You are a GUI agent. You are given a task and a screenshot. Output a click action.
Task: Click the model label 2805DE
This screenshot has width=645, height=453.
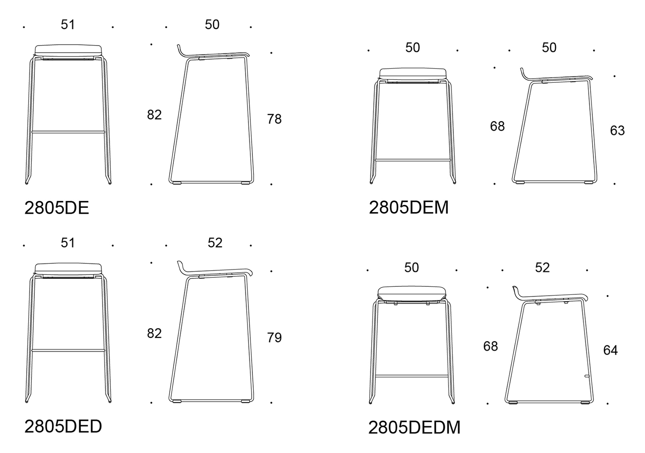click(x=56, y=208)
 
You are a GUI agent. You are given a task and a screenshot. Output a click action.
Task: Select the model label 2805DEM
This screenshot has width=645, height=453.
click(x=408, y=208)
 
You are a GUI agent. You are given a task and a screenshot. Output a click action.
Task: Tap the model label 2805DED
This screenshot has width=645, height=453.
click(x=63, y=426)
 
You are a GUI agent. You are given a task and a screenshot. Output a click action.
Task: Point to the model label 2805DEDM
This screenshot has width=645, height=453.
click(x=414, y=428)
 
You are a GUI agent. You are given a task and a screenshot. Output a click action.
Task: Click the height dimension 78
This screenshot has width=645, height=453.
click(x=274, y=119)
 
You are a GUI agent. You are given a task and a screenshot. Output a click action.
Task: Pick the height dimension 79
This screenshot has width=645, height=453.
click(x=274, y=338)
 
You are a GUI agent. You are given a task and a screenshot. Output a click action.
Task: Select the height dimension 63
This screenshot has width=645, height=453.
click(x=617, y=131)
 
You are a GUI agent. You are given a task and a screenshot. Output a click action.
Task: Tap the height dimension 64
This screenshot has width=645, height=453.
click(x=610, y=350)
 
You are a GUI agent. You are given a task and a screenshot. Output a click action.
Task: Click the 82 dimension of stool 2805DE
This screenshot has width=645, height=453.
click(x=154, y=115)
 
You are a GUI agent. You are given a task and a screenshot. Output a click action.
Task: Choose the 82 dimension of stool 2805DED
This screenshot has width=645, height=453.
click(x=154, y=333)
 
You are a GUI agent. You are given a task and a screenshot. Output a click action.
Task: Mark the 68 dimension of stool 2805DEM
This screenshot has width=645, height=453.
click(x=497, y=126)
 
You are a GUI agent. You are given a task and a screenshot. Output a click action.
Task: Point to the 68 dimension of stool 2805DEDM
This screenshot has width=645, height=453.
click(x=490, y=346)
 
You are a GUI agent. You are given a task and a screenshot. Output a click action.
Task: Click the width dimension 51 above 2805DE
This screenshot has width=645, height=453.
click(x=68, y=25)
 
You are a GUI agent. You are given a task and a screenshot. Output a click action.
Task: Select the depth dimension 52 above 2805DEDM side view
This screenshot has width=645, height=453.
click(x=542, y=267)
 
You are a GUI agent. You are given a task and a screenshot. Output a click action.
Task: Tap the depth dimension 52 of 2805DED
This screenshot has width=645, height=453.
click(x=215, y=243)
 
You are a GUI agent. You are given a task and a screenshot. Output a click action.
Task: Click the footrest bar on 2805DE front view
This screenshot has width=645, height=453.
click(x=68, y=131)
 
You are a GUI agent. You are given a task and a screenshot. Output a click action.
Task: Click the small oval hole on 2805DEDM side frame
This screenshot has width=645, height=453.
click(x=587, y=376)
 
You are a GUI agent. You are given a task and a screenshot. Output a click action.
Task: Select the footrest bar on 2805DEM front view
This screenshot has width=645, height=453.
click(x=412, y=160)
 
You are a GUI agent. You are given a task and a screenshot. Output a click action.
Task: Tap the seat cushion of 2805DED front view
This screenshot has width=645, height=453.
click(x=68, y=268)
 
